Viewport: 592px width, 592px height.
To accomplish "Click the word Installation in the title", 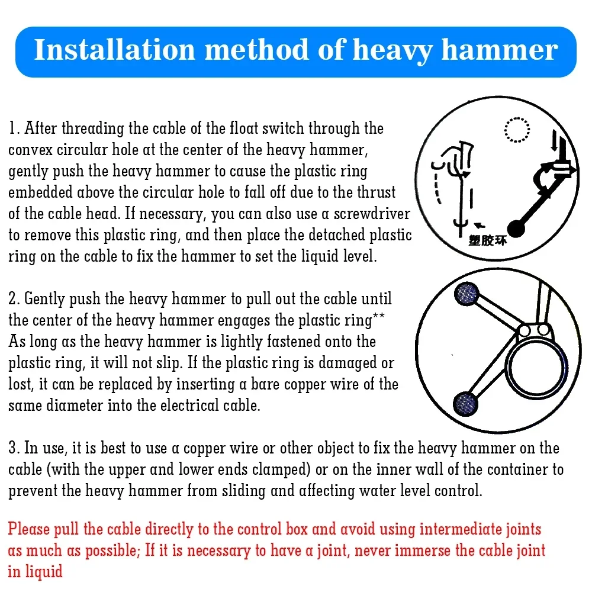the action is tap(114, 50).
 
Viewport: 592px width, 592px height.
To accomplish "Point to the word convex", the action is tap(30, 150).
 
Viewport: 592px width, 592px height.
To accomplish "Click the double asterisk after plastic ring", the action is tap(378, 316).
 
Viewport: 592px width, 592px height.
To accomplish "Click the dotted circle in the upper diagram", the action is tap(517, 130).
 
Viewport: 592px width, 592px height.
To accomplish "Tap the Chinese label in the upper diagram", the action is tap(487, 240).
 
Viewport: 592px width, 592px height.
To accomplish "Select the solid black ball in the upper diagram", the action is tap(516, 228).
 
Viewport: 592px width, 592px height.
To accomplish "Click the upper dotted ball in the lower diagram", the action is tap(466, 294).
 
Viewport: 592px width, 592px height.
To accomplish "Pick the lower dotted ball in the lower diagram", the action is tap(465, 404).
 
